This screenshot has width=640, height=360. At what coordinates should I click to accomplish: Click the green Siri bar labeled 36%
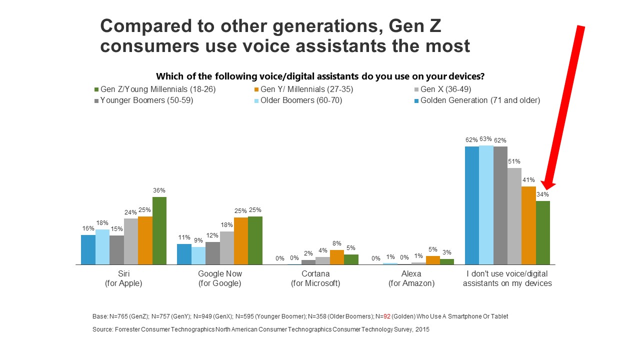click(x=159, y=230)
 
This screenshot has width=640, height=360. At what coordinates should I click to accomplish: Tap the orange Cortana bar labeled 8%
click(x=337, y=257)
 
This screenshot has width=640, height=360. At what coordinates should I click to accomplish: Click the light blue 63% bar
click(x=486, y=205)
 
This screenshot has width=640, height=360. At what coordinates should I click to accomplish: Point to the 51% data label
click(x=514, y=161)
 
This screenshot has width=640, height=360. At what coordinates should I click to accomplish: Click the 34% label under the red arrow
click(x=543, y=194)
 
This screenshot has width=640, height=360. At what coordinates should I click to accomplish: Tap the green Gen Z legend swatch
click(x=96, y=89)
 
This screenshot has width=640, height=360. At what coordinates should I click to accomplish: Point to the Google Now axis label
click(x=219, y=278)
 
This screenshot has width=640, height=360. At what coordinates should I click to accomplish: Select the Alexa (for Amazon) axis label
click(x=410, y=278)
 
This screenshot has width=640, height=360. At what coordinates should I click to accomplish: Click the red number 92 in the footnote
click(x=387, y=316)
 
